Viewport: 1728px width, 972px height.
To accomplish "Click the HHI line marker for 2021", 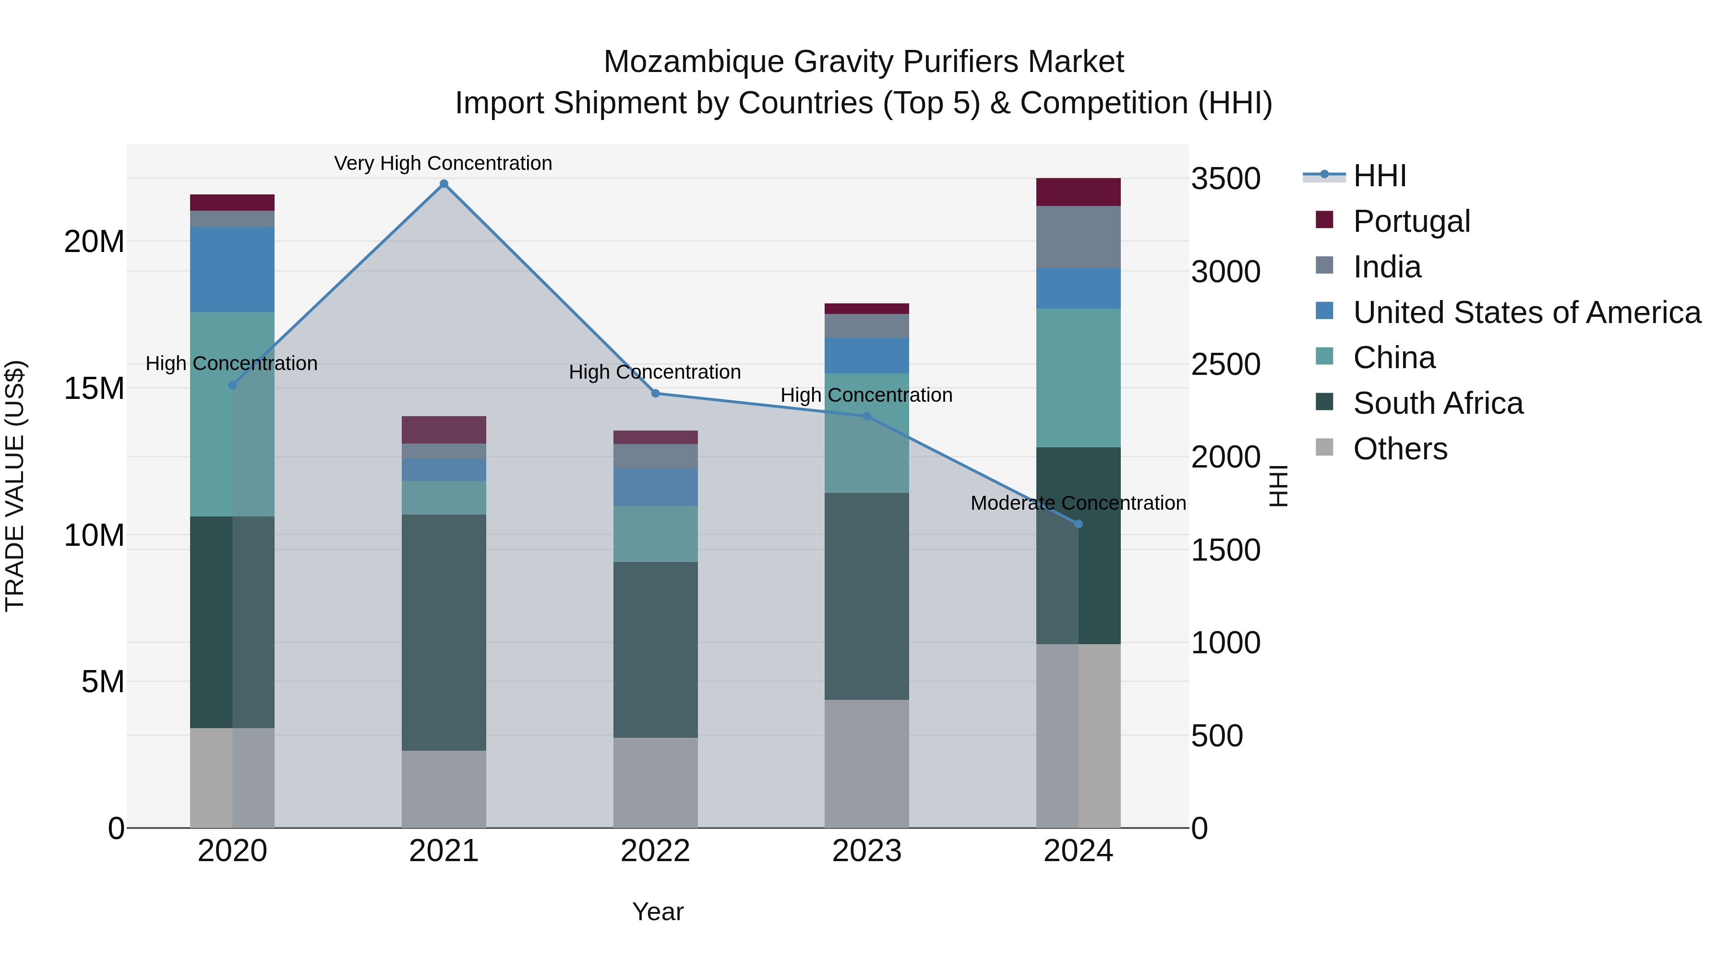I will pyautogui.click(x=444, y=184).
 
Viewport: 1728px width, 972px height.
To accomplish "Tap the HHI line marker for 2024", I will pyautogui.click(x=1079, y=524).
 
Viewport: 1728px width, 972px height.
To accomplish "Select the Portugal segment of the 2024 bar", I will pyautogui.click(x=1078, y=192).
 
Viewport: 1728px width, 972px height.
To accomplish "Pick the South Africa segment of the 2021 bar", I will pyautogui.click(x=444, y=632).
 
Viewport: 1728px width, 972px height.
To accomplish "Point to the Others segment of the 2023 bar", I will pyautogui.click(x=866, y=763).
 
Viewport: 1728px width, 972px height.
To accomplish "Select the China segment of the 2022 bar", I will pyautogui.click(x=655, y=533).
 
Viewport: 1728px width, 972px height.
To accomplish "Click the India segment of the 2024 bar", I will pyautogui.click(x=1078, y=237).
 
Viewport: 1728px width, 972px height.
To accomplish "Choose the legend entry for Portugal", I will pyautogui.click(x=1411, y=221).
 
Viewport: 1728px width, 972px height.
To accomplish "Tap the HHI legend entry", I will pyautogui.click(x=1379, y=176).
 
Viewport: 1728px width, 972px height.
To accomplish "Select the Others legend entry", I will pyautogui.click(x=1399, y=449).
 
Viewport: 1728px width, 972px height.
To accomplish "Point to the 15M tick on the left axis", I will pyautogui.click(x=94, y=388).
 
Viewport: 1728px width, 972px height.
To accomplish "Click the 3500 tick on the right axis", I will pyautogui.click(x=1225, y=179).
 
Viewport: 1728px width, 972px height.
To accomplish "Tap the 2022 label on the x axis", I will pyautogui.click(x=655, y=851).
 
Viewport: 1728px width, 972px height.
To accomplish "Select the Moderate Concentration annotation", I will pyautogui.click(x=1078, y=503).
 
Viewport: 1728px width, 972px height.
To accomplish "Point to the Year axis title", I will pyautogui.click(x=658, y=912).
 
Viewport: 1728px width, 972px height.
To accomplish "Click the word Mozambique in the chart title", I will pyautogui.click(x=694, y=62).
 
